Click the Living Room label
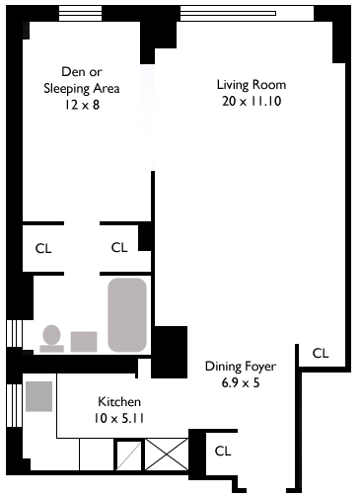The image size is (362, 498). pyautogui.click(x=252, y=85)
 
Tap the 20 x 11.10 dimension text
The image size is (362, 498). pyautogui.click(x=252, y=101)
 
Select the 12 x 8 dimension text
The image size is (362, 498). pyautogui.click(x=82, y=105)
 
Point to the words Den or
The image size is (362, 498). pyautogui.click(x=82, y=71)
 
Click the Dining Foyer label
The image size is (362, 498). pyautogui.click(x=241, y=367)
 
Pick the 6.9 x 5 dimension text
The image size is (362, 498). pyautogui.click(x=241, y=382)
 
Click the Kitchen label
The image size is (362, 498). pyautogui.click(x=119, y=402)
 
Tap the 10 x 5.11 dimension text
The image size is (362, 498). pyautogui.click(x=119, y=418)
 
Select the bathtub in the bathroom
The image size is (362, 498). pyautogui.click(x=127, y=315)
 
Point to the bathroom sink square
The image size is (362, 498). pyautogui.click(x=84, y=342)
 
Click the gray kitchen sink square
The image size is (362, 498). pyautogui.click(x=39, y=396)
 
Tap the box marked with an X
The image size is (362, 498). pyautogui.click(x=167, y=455)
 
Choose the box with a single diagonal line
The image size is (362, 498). pyautogui.click(x=129, y=456)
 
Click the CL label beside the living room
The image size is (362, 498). pyautogui.click(x=321, y=354)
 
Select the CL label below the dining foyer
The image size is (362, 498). pyautogui.click(x=223, y=451)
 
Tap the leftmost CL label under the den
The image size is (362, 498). pyautogui.click(x=43, y=248)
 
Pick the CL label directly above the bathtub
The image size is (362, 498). pyautogui.click(x=119, y=247)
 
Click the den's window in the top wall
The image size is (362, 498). pyautogui.click(x=80, y=14)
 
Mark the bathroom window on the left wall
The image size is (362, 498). pyautogui.click(x=15, y=333)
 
